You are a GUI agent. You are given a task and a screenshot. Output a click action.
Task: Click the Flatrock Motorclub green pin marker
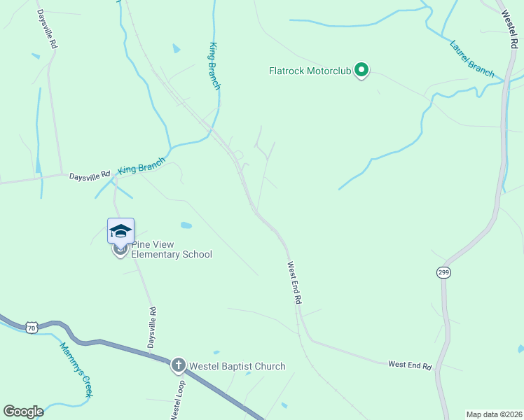tap(361, 70)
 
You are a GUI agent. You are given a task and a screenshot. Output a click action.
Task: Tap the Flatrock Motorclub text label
tap(311, 71)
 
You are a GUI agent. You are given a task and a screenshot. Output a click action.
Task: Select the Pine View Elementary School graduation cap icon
tap(120, 231)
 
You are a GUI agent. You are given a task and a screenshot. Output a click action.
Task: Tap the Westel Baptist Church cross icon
tap(179, 365)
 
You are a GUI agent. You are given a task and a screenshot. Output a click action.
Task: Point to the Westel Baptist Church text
tap(237, 366)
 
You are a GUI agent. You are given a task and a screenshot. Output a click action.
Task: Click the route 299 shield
tap(443, 272)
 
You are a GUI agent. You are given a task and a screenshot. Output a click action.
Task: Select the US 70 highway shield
tap(32, 327)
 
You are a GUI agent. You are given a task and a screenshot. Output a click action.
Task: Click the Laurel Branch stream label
tap(471, 57)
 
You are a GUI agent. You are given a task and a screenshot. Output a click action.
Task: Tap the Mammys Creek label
tap(76, 370)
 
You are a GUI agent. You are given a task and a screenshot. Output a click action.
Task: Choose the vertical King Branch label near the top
tap(214, 66)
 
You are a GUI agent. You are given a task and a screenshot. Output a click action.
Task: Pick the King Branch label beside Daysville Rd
tap(142, 166)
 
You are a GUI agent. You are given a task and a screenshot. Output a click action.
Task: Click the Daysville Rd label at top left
tap(48, 29)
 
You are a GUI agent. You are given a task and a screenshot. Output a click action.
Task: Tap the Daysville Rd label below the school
tap(151, 328)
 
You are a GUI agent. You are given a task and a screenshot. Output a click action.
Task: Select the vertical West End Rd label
tap(294, 283)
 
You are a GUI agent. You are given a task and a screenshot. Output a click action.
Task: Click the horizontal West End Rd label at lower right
tap(410, 365)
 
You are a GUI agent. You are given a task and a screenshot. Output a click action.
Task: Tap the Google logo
tap(23, 411)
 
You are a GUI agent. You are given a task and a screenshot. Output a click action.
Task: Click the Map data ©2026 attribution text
tap(494, 414)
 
